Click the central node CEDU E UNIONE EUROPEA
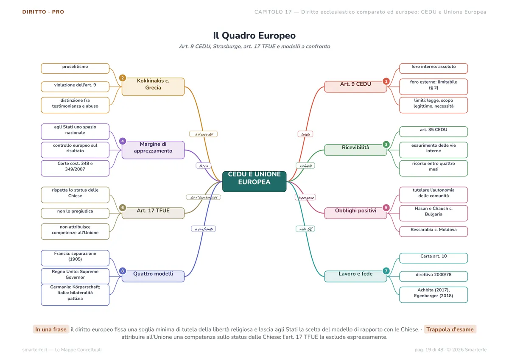tap(254, 181)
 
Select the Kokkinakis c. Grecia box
tap(153, 87)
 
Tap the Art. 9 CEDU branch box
tap(355, 87)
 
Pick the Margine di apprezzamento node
tap(153, 150)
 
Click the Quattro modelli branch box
tap(153, 276)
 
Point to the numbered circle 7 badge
tap(386, 271)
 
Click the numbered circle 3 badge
tap(386, 144)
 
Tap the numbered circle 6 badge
tap(123, 208)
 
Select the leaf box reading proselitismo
tap(75, 68)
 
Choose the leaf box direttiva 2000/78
tap(433, 276)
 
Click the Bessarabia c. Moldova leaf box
tap(433, 232)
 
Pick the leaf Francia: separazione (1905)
tap(75, 258)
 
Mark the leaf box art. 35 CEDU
tap(433, 131)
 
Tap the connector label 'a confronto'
tap(204, 229)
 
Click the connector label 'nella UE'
tap(305, 229)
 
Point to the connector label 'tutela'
tap(305, 134)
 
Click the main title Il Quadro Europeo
tap(254, 36)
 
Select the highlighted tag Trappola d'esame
tap(450, 329)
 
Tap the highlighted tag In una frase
tap(51, 329)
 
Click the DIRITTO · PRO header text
tap(43, 12)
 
